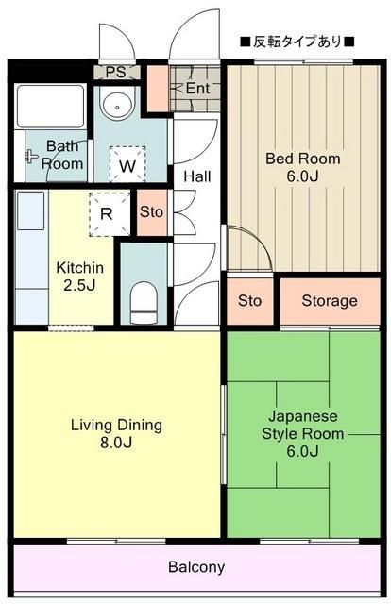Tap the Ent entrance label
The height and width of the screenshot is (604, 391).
(196, 89)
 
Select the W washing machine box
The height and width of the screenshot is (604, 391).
(127, 167)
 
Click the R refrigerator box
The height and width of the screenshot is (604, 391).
(106, 212)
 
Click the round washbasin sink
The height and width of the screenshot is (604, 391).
(116, 106)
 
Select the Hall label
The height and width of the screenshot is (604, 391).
(197, 176)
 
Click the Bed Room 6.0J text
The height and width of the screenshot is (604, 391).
(301, 167)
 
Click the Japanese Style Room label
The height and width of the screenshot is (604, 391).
(302, 433)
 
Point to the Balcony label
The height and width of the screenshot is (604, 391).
(196, 567)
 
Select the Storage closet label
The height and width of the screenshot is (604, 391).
(330, 301)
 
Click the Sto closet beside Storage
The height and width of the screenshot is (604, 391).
(249, 301)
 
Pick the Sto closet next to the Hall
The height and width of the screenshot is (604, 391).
(151, 211)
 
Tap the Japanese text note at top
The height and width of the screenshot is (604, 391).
(297, 42)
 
